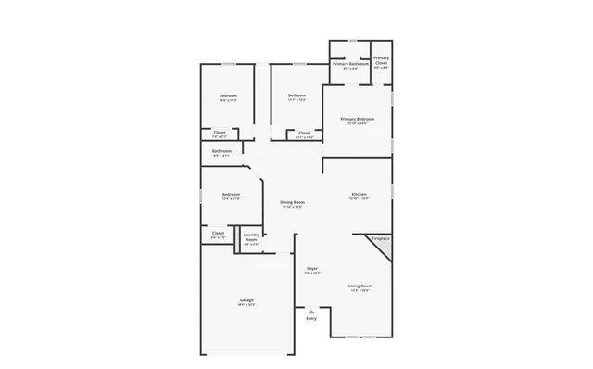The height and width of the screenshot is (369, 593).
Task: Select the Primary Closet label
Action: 381,60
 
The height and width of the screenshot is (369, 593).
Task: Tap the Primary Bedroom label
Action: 357,119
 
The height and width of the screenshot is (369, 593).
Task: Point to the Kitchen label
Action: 359,194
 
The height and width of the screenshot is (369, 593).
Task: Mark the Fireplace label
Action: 380,239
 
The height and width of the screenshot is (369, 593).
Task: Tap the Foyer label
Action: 311,269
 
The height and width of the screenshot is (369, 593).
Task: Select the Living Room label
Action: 360,286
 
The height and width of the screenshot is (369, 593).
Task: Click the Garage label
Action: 246,300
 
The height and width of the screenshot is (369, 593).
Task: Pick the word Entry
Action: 311,319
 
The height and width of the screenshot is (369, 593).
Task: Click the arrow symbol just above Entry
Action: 311,312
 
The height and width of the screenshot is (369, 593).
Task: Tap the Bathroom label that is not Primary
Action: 221,151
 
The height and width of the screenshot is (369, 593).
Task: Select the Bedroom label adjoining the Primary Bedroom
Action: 296,95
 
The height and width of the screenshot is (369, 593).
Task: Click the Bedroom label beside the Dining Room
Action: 231,194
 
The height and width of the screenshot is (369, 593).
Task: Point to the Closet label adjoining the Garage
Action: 218,233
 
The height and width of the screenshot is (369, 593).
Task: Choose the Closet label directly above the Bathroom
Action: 220,133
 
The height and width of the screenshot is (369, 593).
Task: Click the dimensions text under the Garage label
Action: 246,305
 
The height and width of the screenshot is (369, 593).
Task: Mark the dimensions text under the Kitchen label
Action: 359,198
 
